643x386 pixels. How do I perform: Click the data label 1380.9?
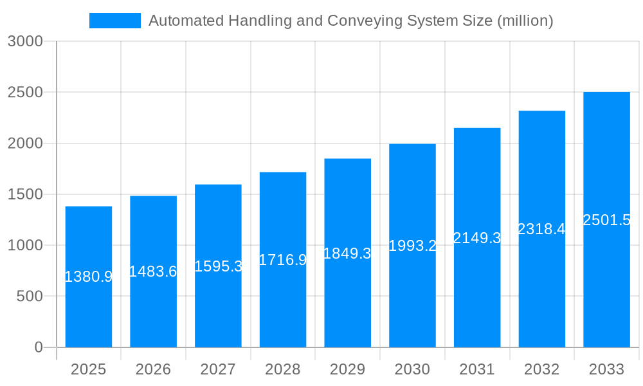89,277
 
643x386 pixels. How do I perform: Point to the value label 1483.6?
153,271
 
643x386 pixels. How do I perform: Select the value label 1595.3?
218,266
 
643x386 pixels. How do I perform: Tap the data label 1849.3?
347,253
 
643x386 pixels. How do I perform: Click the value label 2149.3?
477,238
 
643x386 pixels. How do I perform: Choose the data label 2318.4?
541,229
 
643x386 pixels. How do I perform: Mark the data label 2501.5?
606,220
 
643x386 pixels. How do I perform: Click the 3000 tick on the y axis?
25,42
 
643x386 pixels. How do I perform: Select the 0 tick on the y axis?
38,347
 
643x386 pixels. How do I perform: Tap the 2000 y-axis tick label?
25,143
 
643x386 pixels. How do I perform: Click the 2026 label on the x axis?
153,369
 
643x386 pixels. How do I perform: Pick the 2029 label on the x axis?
347,369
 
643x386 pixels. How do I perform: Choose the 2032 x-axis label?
541,369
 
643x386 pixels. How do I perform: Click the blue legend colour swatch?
114,21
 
